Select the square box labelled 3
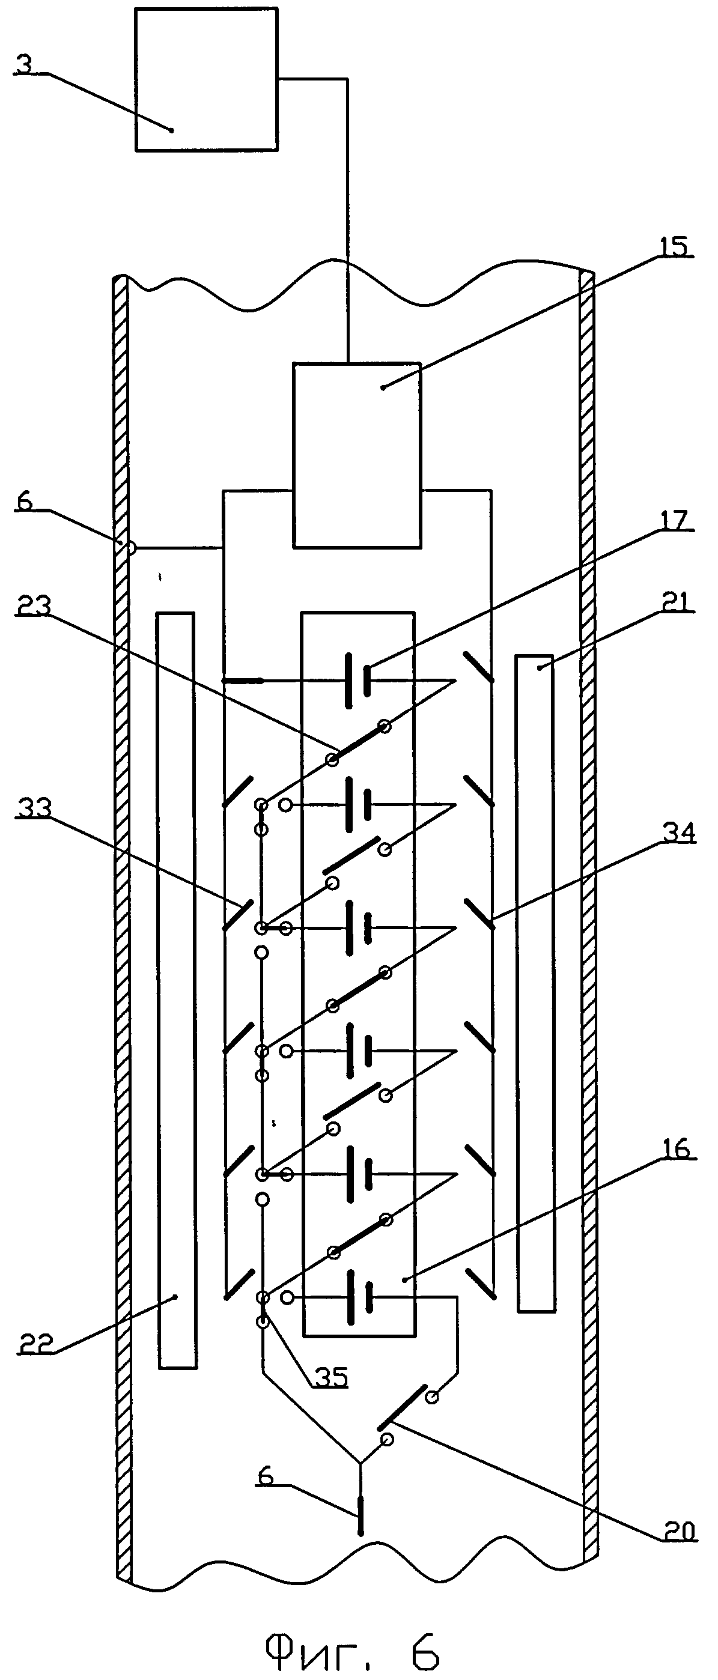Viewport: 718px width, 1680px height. click(206, 80)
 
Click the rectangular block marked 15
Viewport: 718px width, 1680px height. click(357, 454)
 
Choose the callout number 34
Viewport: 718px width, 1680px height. click(678, 833)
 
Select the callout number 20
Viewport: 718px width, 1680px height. click(679, 1530)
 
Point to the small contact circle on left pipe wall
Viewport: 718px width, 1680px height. click(130, 548)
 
